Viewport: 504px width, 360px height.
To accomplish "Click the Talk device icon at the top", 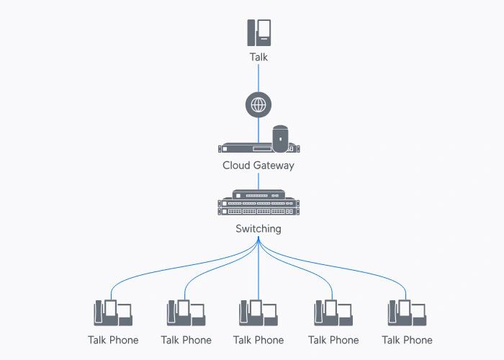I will point(258,33).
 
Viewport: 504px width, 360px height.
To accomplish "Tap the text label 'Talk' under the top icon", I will point(258,57).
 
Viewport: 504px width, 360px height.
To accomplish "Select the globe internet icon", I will point(258,106).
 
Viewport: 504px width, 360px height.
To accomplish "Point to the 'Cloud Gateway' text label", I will point(258,166).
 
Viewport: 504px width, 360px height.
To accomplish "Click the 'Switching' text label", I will point(258,229).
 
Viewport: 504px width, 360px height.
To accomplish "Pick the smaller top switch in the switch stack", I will point(258,195).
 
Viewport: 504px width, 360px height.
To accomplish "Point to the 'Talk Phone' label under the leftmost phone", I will point(113,340).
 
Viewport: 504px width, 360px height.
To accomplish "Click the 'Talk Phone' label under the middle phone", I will point(258,340).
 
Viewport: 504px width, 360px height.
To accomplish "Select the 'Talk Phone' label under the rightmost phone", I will point(407,340).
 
